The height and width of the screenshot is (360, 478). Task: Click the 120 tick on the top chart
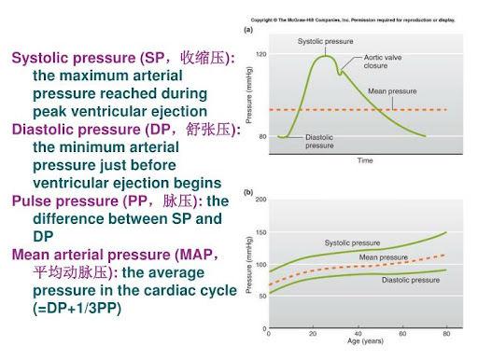(261, 54)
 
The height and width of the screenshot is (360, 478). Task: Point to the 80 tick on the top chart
(262, 136)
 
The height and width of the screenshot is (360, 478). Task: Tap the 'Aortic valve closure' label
(383, 62)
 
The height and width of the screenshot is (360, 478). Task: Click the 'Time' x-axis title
(365, 160)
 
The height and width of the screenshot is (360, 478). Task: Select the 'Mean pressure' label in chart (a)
(392, 91)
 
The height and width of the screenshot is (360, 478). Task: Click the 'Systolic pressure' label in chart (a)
(325, 41)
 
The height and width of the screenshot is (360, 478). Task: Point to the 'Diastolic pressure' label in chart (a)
(319, 142)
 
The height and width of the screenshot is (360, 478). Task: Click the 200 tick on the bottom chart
(260, 200)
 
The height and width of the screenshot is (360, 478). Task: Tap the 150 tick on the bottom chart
(260, 232)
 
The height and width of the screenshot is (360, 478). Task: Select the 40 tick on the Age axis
(358, 334)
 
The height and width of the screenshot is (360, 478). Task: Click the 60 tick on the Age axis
(402, 334)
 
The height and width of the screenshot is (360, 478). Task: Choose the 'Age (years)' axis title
(365, 341)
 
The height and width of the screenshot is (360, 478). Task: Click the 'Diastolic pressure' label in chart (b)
(411, 280)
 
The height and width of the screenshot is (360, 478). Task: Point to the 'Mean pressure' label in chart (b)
(384, 257)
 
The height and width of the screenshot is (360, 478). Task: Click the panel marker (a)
(248, 30)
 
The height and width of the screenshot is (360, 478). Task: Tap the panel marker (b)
(248, 192)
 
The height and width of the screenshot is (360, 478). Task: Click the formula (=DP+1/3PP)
(77, 309)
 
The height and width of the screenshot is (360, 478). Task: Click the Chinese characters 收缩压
(203, 58)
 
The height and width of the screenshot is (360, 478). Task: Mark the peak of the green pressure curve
(325, 56)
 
